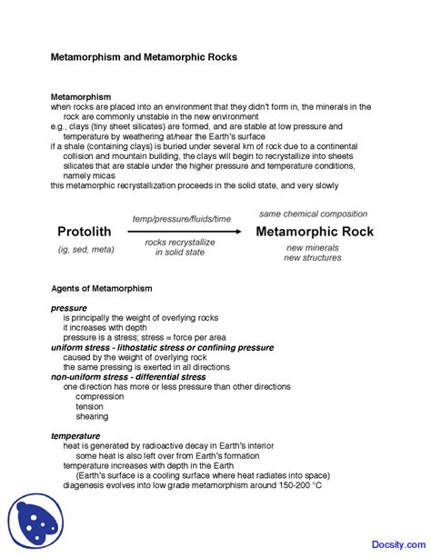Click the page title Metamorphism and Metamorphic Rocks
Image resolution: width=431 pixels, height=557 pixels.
tap(143, 56)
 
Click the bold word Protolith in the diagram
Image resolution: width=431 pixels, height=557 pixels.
tap(84, 231)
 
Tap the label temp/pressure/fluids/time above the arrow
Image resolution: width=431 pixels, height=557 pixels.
tap(182, 219)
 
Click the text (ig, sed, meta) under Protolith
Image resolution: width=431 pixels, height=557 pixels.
tap(84, 248)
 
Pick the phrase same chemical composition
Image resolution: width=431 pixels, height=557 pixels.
tap(313, 214)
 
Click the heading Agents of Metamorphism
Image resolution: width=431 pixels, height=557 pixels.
tap(101, 288)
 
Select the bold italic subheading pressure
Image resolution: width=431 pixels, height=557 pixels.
tap(69, 308)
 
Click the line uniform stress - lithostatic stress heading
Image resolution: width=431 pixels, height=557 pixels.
tap(162, 347)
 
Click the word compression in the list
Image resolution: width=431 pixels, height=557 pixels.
tap(100, 396)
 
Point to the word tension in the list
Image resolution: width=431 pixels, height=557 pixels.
tap(91, 406)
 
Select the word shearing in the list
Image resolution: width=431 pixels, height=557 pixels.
tap(92, 416)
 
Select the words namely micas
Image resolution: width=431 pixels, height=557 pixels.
tap(93, 175)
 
